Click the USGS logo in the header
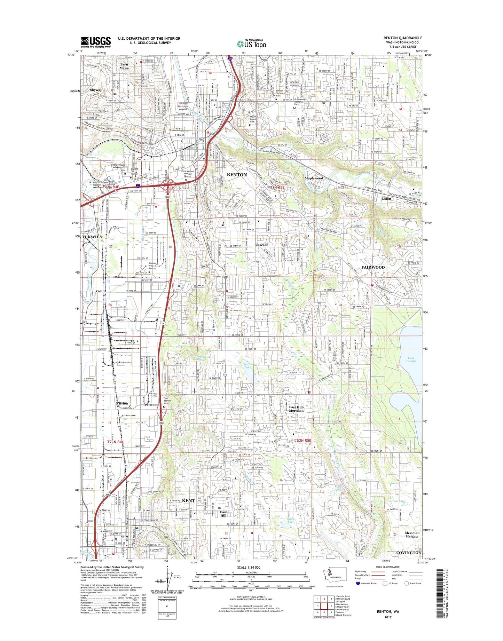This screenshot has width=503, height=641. click(x=96, y=42)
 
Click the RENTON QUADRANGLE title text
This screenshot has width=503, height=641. click(x=403, y=38)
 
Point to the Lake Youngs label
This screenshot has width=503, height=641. click(x=411, y=359)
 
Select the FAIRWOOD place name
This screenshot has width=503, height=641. click(x=373, y=267)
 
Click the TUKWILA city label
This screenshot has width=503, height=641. click(x=92, y=237)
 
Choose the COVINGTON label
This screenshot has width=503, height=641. click(x=409, y=553)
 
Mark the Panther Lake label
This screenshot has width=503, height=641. click(x=247, y=365)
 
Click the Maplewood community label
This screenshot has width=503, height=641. click(x=314, y=178)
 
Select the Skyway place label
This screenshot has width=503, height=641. click(x=96, y=90)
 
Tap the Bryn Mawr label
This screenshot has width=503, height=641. click(x=124, y=66)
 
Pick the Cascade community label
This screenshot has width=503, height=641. click(x=262, y=245)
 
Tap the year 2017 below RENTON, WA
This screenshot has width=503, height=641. click(x=388, y=617)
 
